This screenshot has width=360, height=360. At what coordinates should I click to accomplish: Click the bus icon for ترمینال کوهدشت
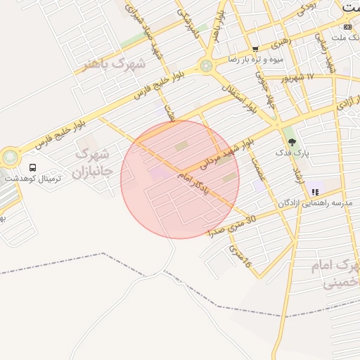pos(32,167)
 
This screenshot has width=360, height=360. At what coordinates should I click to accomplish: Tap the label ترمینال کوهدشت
pos(32,179)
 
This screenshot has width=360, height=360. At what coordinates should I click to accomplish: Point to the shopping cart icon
pos(255,49)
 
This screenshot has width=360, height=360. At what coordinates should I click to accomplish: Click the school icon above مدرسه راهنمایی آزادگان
pos(316,191)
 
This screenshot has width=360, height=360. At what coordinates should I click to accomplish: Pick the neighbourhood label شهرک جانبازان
pos(91,162)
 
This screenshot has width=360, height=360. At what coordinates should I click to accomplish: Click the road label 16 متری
pos(240,260)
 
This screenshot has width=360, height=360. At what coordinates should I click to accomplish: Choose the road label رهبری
pos(280,42)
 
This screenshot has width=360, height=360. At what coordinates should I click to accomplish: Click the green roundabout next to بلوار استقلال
pos(205,66)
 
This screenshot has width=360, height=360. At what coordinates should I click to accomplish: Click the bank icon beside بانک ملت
pos(347,26)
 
